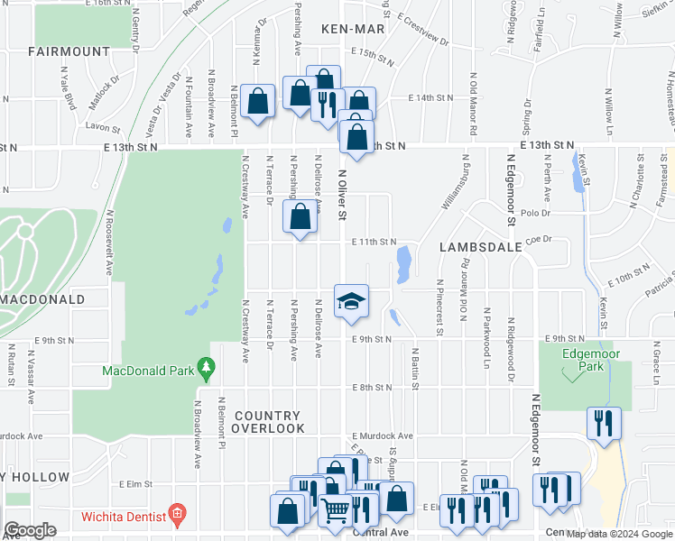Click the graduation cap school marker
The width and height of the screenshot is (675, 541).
(x=351, y=300)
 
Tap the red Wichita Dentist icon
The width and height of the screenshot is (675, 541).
(x=178, y=516)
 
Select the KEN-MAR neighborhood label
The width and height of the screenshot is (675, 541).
(x=353, y=29)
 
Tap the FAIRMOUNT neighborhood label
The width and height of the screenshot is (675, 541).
(x=69, y=52)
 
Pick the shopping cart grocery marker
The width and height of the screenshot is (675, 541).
(x=336, y=510)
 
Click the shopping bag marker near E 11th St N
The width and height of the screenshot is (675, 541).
(x=300, y=216)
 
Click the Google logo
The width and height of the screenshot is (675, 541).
(x=30, y=530)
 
